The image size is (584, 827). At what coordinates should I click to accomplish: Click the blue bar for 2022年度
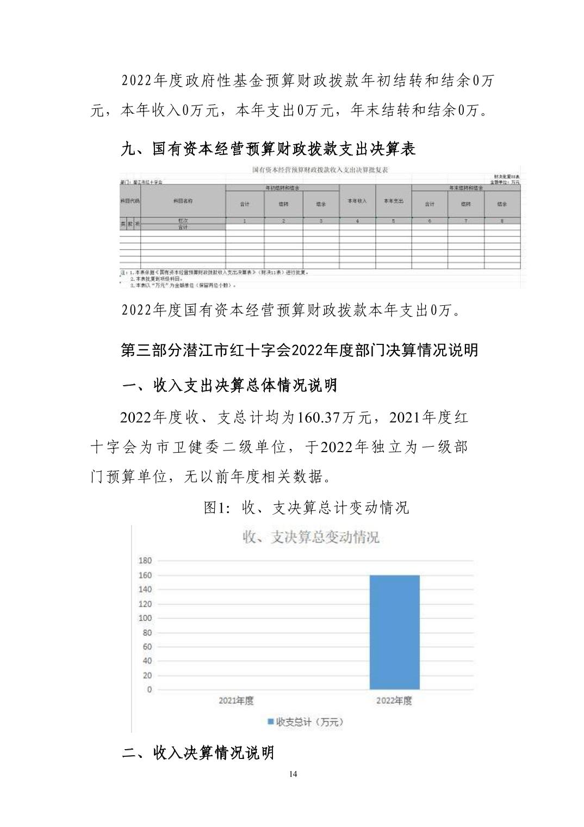[394, 632]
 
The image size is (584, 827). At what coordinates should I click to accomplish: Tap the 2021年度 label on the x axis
[236, 701]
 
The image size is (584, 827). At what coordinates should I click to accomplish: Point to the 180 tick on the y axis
[145, 560]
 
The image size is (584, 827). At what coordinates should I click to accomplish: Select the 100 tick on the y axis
[145, 618]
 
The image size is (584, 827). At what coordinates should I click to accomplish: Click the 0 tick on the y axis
[150, 689]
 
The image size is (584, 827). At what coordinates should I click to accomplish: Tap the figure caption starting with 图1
[306, 508]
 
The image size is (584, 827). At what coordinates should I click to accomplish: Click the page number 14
[293, 774]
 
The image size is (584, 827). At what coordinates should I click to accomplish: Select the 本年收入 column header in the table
[357, 201]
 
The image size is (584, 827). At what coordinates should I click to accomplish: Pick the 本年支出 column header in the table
[393, 201]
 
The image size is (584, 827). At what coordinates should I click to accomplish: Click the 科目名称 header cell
[183, 201]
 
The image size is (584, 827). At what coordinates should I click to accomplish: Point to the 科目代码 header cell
[130, 201]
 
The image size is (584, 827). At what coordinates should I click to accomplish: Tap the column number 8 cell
[502, 221]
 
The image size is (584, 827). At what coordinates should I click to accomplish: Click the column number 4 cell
[357, 221]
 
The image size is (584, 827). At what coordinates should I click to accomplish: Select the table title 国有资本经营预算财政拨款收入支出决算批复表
[320, 170]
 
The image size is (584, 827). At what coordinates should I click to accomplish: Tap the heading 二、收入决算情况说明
[198, 753]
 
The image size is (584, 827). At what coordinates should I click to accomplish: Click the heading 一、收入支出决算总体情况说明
[229, 385]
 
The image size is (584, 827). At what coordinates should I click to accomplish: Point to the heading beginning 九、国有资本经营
[268, 149]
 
